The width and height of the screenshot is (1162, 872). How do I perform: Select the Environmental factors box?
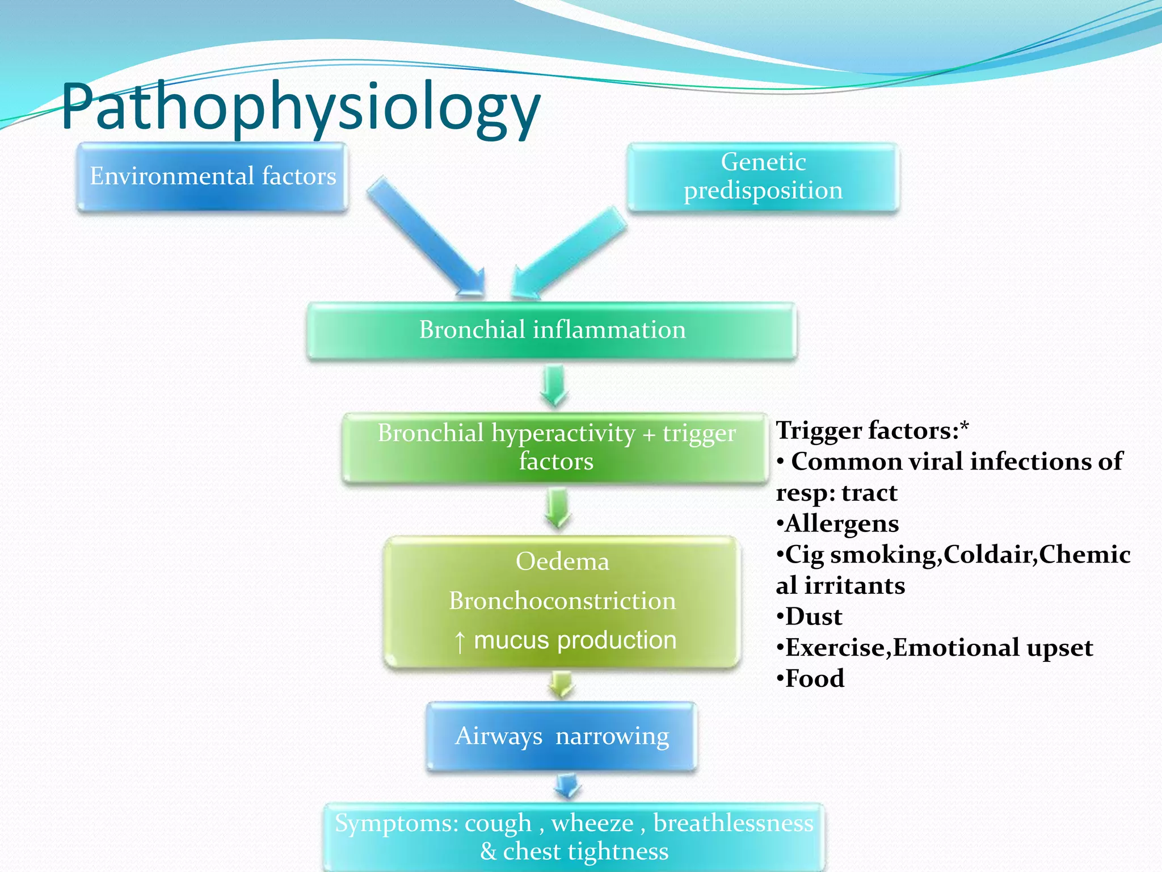coord(212,177)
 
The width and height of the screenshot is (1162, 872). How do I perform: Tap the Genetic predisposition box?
coord(763,177)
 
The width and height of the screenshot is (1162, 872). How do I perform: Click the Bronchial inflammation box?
coord(551,330)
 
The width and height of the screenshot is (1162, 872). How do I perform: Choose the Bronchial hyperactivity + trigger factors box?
coord(556,447)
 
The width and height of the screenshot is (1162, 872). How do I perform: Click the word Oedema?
coord(562,562)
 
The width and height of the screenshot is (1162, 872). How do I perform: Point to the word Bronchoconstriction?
coord(562,601)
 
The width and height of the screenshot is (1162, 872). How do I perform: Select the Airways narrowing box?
coord(562,736)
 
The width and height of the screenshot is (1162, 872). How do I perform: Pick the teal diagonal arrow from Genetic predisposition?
coord(567,253)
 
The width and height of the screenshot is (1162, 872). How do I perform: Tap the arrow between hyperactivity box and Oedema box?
coord(558,508)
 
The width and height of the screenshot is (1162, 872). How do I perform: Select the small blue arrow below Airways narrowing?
coord(567,786)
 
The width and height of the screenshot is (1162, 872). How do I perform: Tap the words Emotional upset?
coord(993,648)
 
